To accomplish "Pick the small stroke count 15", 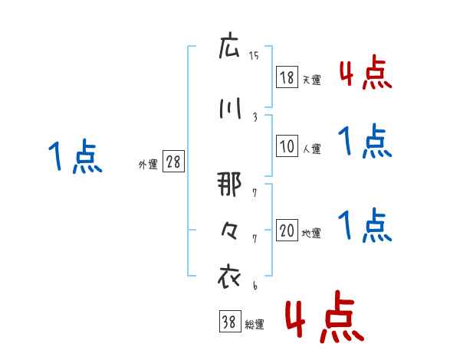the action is pos(254,56).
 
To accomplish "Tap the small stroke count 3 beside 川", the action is pos(255,116).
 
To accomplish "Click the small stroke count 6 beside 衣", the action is pos(254,285).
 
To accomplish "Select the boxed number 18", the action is pos(287,77).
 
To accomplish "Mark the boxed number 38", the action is pos(228,323).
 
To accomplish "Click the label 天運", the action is pos(311,79).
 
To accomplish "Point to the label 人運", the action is pos(311,149).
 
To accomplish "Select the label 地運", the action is pos(311,234).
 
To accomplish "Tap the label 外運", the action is pos(147,164).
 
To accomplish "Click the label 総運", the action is pos(254,325).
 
